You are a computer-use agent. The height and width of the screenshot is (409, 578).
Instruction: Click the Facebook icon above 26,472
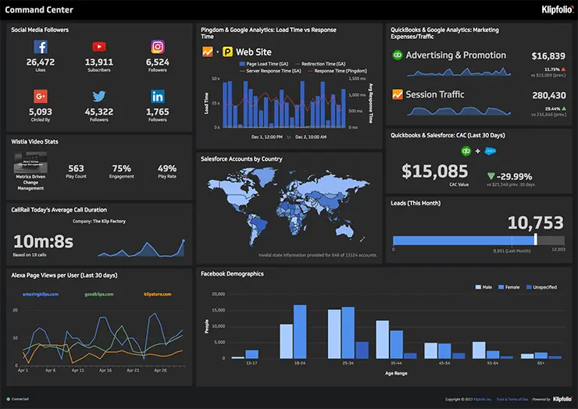pyautogui.click(x=40, y=48)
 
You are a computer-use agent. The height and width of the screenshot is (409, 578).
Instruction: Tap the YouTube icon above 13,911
pyautogui.click(x=99, y=48)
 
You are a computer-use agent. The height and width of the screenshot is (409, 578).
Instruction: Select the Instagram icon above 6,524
pyautogui.click(x=157, y=48)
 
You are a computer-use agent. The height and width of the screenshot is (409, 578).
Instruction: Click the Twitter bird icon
pyautogui.click(x=99, y=97)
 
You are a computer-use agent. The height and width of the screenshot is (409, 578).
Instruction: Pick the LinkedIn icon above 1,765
pyautogui.click(x=157, y=97)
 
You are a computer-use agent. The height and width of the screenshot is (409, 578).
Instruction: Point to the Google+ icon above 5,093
pyautogui.click(x=40, y=97)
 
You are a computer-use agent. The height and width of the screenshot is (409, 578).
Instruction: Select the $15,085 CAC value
pyautogui.click(x=430, y=170)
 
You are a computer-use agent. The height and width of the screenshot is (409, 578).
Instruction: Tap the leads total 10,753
pyautogui.click(x=535, y=222)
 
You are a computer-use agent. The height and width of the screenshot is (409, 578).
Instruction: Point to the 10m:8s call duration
pyautogui.click(x=43, y=241)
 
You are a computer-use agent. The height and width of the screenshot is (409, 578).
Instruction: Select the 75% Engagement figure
pyautogui.click(x=121, y=169)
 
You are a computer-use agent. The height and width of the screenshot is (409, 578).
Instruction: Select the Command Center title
pyautogui.click(x=39, y=9)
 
